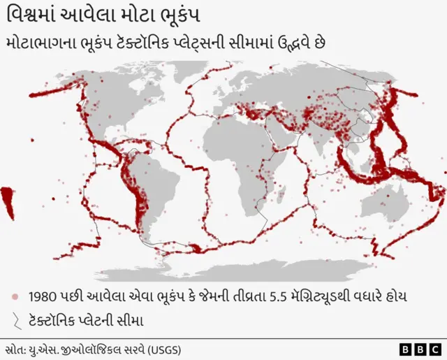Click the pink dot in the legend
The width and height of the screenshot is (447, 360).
pyautogui.click(x=15, y=296)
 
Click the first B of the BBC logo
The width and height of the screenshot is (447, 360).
pyautogui.click(x=405, y=348)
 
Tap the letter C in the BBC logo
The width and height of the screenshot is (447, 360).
pyautogui.click(x=434, y=348)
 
